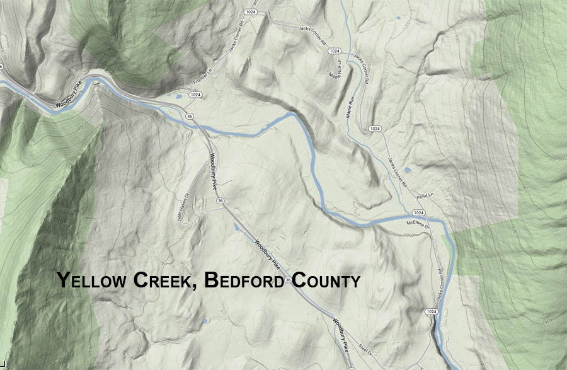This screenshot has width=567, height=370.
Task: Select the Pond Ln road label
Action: point(425,197)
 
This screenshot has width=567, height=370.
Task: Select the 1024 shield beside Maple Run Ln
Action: point(335,51)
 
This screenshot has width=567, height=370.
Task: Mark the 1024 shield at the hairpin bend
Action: point(375,129)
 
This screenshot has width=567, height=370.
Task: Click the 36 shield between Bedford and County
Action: point(288,280)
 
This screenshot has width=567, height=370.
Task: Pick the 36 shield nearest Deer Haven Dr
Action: point(220,201)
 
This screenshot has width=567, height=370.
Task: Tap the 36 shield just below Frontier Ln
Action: point(189,116)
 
